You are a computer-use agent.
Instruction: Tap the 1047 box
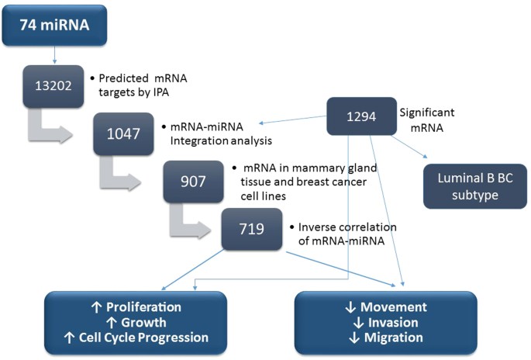click(x=124, y=133)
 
